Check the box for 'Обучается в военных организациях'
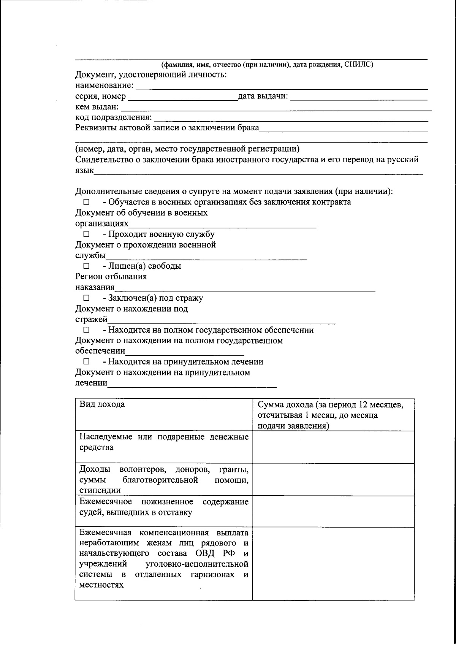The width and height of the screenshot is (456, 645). [x=86, y=203]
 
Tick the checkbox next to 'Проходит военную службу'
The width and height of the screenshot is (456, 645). [x=86, y=235]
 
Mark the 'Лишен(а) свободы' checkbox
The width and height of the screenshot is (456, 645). [x=86, y=266]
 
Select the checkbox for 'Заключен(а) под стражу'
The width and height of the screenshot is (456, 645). [x=86, y=298]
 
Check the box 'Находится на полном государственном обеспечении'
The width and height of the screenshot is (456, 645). [x=86, y=330]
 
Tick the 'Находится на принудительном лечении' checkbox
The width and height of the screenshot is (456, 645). [x=86, y=362]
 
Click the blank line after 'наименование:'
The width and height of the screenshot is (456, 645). [x=281, y=86]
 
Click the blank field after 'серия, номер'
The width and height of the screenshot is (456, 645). [x=182, y=97]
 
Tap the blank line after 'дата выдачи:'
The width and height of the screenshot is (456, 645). [x=359, y=97]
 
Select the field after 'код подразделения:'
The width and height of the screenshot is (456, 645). [x=291, y=118]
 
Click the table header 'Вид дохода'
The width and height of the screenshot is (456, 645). [x=102, y=404]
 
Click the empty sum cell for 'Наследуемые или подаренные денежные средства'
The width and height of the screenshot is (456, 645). [x=333, y=447]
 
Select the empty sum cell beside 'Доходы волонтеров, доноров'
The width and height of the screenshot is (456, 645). [x=333, y=479]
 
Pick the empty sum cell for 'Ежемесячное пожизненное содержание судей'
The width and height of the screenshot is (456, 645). [x=333, y=511]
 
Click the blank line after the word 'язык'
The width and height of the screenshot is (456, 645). [x=258, y=171]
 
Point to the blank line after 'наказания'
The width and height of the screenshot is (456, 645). [x=245, y=288]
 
